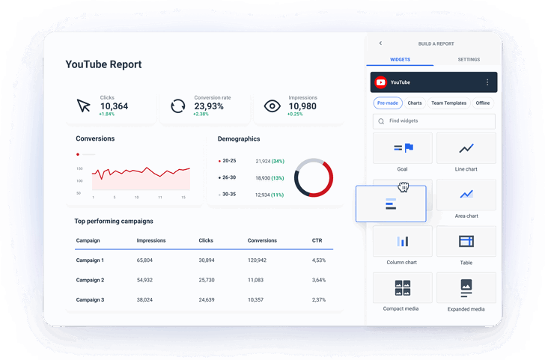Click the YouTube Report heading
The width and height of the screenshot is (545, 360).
tap(103, 64)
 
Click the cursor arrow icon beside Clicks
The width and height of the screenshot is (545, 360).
tap(84, 106)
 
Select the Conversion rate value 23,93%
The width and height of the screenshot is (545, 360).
tap(209, 106)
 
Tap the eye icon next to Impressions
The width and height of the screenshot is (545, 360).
tap(273, 106)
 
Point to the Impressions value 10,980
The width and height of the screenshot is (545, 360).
tap(302, 106)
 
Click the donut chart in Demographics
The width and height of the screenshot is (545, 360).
tap(314, 177)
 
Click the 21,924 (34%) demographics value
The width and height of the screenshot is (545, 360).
tap(270, 161)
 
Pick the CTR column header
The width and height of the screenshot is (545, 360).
tap(317, 240)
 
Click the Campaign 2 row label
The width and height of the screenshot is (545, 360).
tap(90, 280)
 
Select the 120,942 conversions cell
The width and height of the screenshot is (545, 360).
tap(257, 260)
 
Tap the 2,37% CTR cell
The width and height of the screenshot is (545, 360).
tap(319, 299)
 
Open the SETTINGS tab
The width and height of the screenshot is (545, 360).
tap(469, 60)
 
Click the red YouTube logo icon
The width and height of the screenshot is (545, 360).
tap(381, 82)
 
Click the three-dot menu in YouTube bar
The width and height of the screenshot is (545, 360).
tap(487, 82)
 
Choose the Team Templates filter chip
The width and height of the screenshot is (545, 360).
tap(448, 103)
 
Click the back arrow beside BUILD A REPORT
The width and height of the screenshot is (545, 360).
tap(380, 43)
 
